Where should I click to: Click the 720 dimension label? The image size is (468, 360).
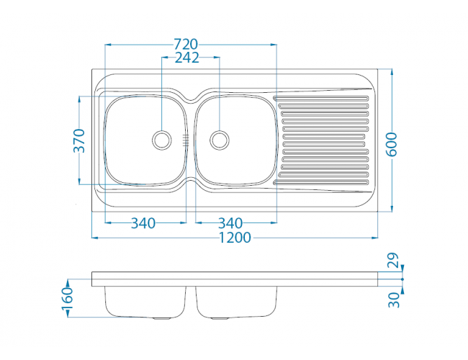pos(186,45)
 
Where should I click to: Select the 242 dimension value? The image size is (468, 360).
pos(187,58)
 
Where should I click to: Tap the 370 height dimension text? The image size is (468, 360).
pos(79,140)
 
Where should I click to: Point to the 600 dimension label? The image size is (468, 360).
pos(392,145)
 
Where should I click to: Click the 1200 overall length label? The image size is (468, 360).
pos(235,238)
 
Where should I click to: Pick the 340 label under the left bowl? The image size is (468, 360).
pos(143,223)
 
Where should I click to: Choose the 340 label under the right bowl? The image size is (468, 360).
pos(230,223)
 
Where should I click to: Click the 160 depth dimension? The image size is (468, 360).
pos(68,299)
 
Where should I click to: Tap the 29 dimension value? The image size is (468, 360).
pos(393,261)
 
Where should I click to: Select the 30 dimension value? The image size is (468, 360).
pos(394,300)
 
